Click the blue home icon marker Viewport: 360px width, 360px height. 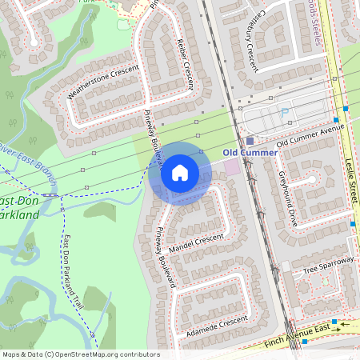tap(179, 173)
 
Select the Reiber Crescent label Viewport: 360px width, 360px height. tap(185, 64)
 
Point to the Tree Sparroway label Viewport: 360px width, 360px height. tap(328, 266)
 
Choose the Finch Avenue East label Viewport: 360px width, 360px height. tap(297, 340)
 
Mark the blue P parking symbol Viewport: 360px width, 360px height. tap(285, 114)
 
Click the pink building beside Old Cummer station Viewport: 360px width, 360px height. tap(233, 167)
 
